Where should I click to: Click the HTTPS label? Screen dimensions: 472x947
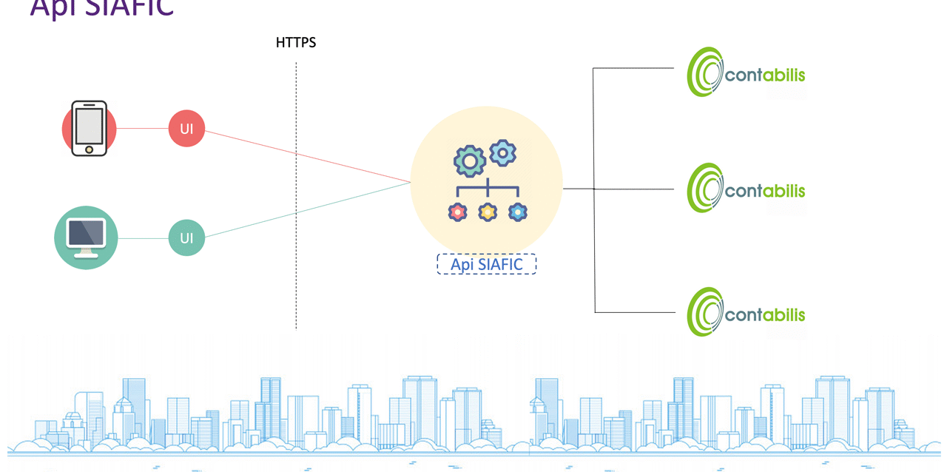(x=296, y=42)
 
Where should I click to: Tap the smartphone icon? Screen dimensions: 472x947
(x=89, y=128)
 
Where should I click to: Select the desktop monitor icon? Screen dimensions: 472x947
(x=86, y=236)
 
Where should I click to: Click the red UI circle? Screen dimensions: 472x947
(x=186, y=129)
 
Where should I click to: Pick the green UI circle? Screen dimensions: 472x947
(x=186, y=237)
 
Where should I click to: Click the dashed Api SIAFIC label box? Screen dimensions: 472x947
(x=486, y=264)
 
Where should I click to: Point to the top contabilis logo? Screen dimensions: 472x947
(x=746, y=73)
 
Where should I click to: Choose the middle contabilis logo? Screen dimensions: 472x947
(x=746, y=189)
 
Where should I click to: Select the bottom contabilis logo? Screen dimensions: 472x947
(x=746, y=313)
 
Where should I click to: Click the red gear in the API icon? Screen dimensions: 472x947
(x=458, y=212)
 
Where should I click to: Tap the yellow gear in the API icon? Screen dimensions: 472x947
(x=488, y=212)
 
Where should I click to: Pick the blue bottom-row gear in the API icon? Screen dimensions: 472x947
(x=518, y=212)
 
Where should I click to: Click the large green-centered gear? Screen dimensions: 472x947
(x=470, y=160)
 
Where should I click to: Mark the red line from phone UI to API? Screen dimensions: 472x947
(x=307, y=157)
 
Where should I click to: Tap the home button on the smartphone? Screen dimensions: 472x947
(x=89, y=149)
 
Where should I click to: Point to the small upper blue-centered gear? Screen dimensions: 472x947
(x=503, y=152)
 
